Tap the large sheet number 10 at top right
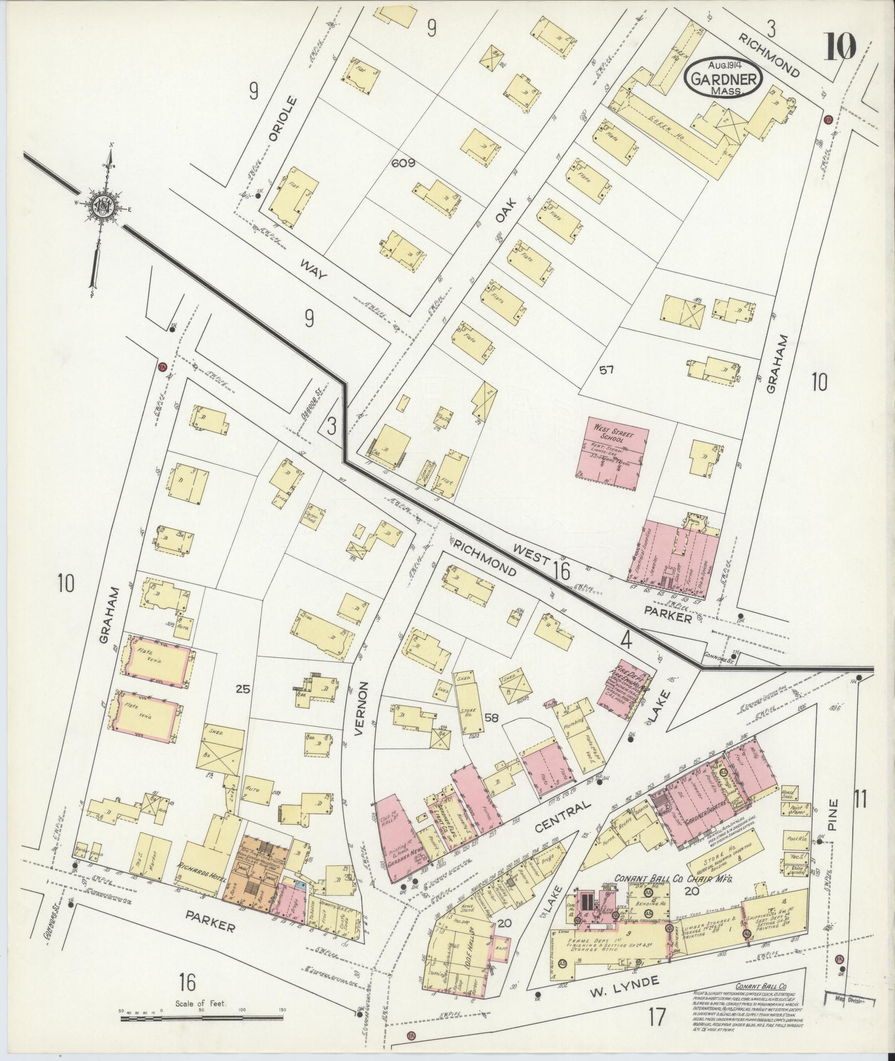[840, 47]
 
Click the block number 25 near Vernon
[242, 689]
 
